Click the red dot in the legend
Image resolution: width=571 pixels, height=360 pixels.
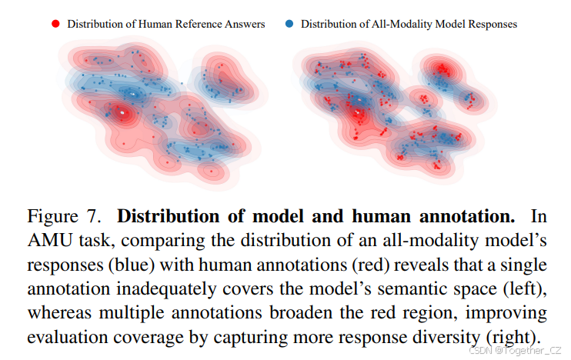point(55,24)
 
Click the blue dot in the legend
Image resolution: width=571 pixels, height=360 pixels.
point(289,24)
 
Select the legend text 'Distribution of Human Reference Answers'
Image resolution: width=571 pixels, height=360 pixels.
point(166,24)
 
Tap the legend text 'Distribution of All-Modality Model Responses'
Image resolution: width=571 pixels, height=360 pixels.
point(409,24)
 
